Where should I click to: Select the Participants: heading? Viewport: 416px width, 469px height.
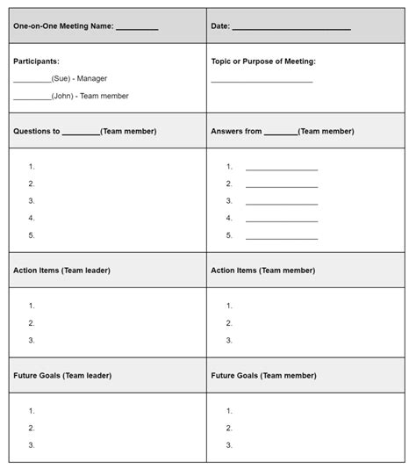[36, 61]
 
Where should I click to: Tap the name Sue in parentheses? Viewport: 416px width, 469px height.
[61, 79]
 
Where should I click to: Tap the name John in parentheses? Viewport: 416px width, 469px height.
[62, 97]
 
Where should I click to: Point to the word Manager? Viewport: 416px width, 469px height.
[92, 79]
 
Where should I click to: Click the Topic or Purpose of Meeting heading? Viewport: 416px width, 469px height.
[263, 61]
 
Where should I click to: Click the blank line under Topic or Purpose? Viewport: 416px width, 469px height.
[262, 81]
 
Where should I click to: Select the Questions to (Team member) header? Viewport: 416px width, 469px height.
[84, 131]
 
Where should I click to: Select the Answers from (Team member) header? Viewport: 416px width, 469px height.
[282, 131]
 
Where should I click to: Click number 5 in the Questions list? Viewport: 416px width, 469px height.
[32, 235]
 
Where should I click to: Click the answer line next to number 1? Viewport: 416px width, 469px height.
[281, 169]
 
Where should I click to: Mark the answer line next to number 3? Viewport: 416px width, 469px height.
[281, 203]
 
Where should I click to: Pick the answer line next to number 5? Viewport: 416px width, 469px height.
[281, 237]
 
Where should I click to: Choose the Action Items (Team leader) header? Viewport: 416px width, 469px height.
[61, 271]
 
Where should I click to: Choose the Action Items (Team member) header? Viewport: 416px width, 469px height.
[262, 271]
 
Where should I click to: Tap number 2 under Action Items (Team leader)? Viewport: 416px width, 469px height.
[32, 323]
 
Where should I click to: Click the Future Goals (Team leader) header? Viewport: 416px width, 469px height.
[62, 375]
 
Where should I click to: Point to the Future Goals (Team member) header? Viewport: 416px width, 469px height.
[263, 375]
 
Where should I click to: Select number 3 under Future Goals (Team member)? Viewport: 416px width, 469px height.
[229, 445]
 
